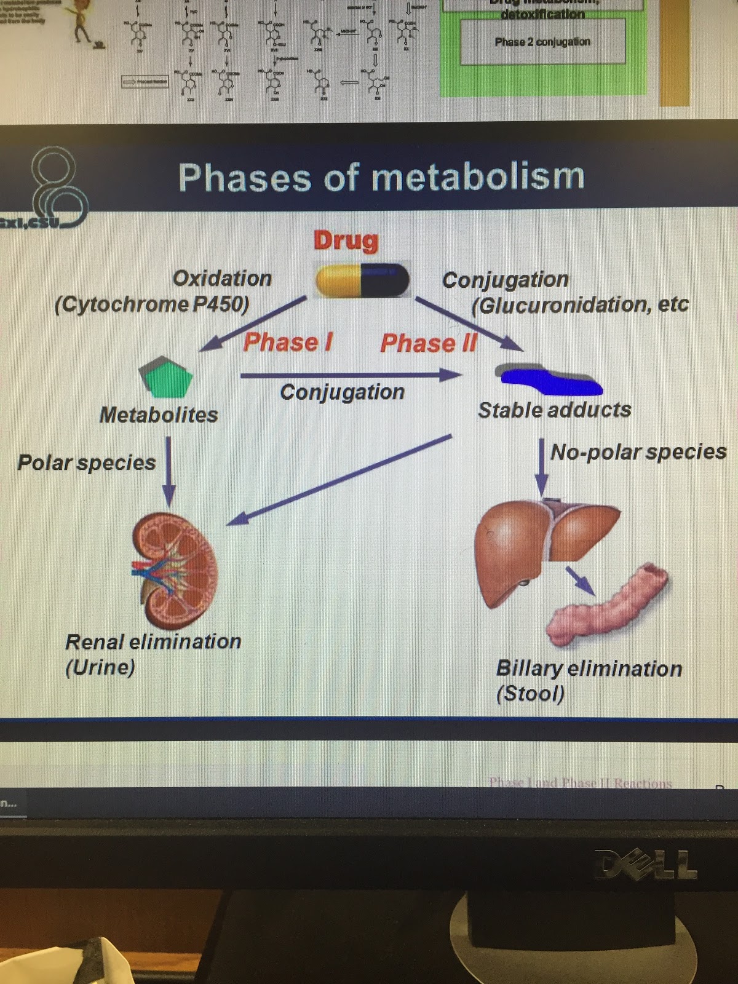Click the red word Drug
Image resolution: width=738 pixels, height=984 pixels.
(x=346, y=240)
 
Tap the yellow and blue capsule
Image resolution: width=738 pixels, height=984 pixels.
(x=362, y=280)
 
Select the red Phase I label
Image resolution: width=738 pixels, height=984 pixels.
(x=288, y=342)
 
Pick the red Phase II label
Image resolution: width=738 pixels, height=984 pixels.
(x=429, y=343)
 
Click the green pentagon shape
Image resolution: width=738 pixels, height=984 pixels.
(x=167, y=376)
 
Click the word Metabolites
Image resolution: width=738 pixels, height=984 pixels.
(x=159, y=415)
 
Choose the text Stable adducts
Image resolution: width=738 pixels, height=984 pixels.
(x=555, y=410)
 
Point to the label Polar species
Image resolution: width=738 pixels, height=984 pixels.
(x=87, y=462)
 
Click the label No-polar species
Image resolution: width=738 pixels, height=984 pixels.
(x=638, y=452)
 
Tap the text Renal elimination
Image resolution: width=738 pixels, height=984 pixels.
(x=153, y=642)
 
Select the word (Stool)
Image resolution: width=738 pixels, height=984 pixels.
(x=530, y=694)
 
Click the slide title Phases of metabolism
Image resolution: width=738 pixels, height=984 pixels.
(x=381, y=177)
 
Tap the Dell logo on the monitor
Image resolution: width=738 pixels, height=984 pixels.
(x=646, y=865)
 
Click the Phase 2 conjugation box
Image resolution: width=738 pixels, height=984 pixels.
(x=542, y=42)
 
